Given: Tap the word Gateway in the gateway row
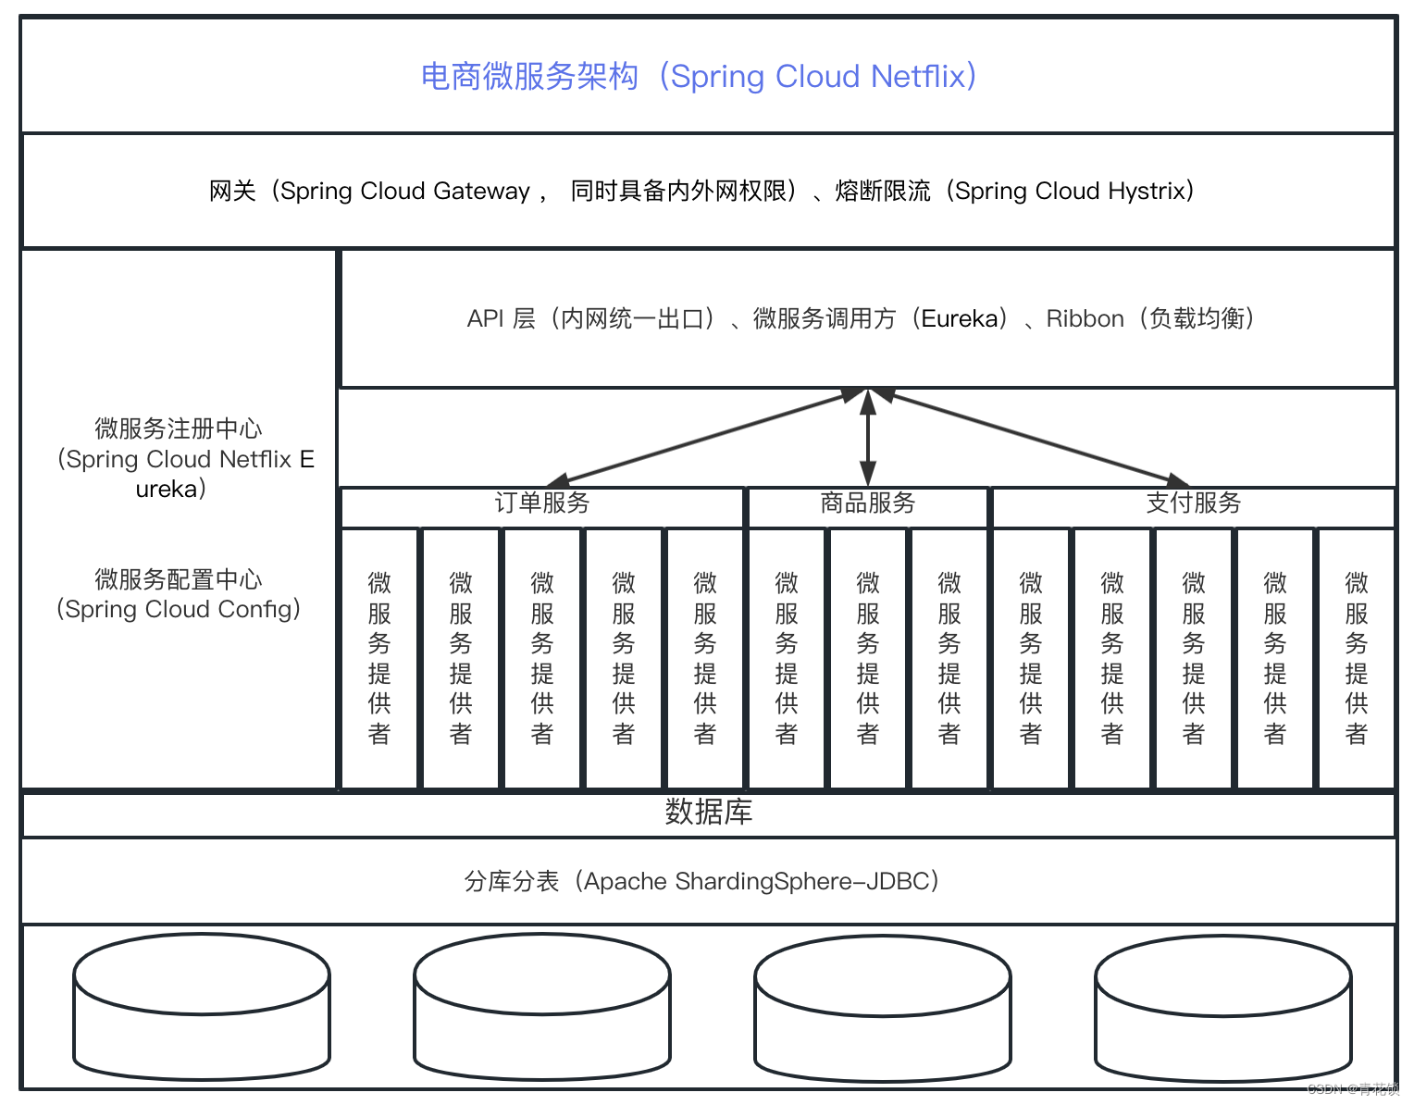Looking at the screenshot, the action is pyautogui.click(x=481, y=192).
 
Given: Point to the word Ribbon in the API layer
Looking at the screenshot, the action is pyautogui.click(x=1085, y=319).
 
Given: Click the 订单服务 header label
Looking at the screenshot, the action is pyautogui.click(x=542, y=503).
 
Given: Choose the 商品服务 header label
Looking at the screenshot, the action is pyautogui.click(x=867, y=503).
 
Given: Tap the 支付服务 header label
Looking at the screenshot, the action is pyautogui.click(x=1194, y=503).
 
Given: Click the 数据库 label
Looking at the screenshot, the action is pyautogui.click(x=708, y=812).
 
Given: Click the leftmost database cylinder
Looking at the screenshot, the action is pyautogui.click(x=202, y=1006).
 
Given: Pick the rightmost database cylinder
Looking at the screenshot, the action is pyautogui.click(x=1223, y=1008).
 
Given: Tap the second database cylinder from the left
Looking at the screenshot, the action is pyautogui.click(x=542, y=1006).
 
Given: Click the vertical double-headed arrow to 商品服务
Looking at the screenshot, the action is pyautogui.click(x=867, y=438).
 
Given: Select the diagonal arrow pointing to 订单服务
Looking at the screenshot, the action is pyautogui.click(x=706, y=438).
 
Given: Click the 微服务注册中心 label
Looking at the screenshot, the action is pyautogui.click(x=179, y=428).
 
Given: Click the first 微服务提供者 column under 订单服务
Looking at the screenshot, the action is pyautogui.click(x=379, y=659).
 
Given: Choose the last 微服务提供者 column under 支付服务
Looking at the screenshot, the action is pyautogui.click(x=1356, y=659).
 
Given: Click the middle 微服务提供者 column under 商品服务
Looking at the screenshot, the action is pyautogui.click(x=867, y=659).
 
